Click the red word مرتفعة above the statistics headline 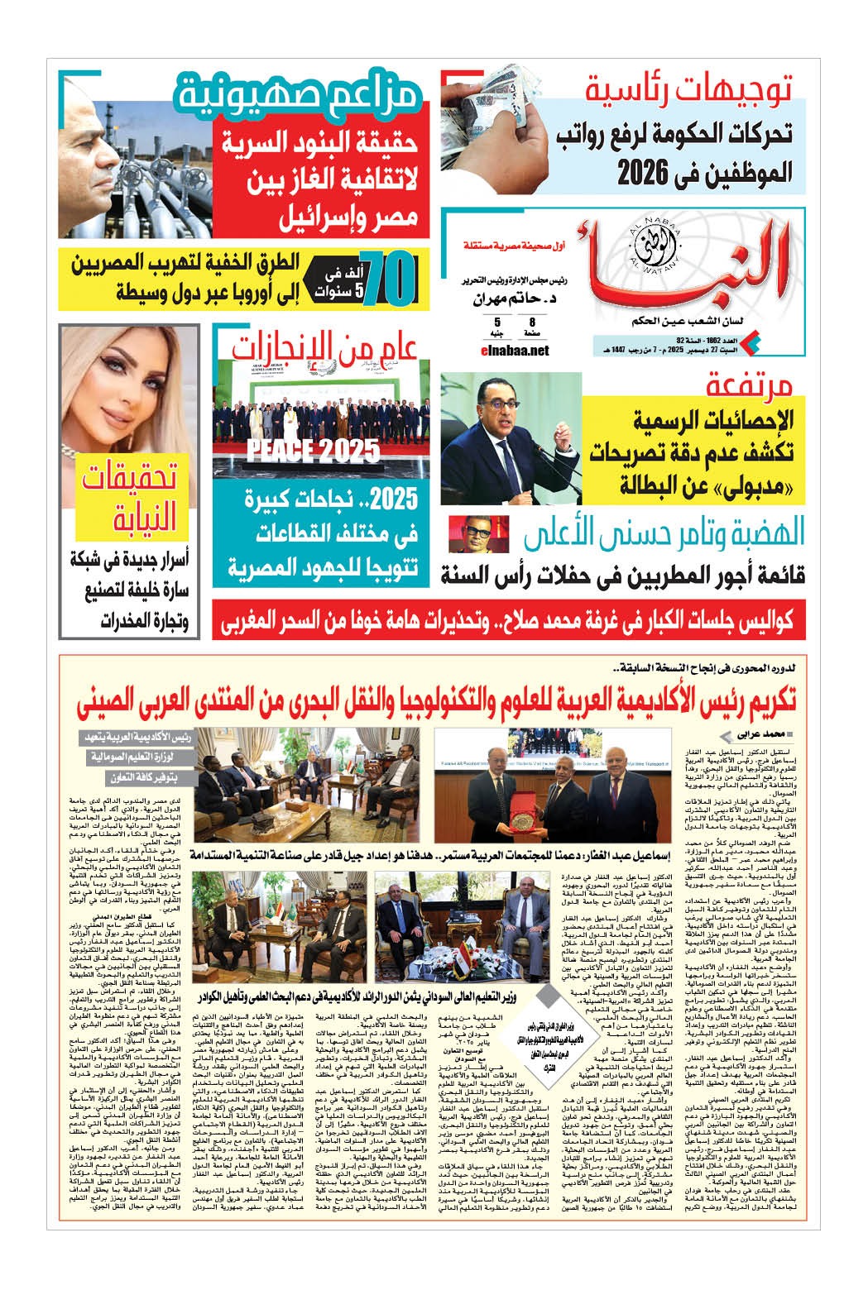click(750, 387)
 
